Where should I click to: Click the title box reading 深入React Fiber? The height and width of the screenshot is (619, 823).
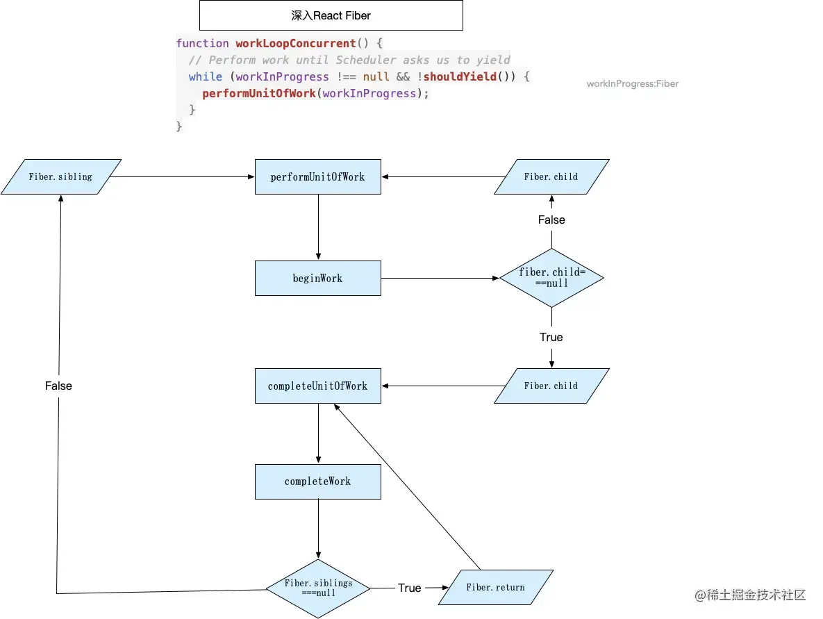331,15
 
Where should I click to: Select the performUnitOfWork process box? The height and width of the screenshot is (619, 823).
317,176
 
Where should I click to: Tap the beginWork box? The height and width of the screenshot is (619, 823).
317,278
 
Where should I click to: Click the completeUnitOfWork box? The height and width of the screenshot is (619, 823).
317,386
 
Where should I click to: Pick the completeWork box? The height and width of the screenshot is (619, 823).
317,481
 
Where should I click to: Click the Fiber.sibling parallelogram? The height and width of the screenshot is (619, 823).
60,176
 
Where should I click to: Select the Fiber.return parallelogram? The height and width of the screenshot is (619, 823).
495,587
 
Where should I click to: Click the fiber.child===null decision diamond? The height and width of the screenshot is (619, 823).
551,278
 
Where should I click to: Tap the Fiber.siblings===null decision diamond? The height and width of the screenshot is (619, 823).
318,588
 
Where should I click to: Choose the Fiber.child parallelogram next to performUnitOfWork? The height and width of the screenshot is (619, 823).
551,176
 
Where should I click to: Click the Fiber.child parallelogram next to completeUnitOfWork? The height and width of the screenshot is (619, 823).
551,386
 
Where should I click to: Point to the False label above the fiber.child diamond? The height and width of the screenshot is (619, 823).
551,220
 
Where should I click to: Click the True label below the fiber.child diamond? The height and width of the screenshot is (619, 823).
551,337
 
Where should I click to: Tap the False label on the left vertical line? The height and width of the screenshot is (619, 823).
58,386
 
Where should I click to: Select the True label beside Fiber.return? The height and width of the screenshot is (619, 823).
409,588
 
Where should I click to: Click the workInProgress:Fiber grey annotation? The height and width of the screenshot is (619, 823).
632,83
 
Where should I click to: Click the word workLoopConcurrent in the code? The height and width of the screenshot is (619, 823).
296,43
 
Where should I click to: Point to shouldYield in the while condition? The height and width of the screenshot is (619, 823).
460,76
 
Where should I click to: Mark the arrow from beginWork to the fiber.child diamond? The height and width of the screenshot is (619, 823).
440,278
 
